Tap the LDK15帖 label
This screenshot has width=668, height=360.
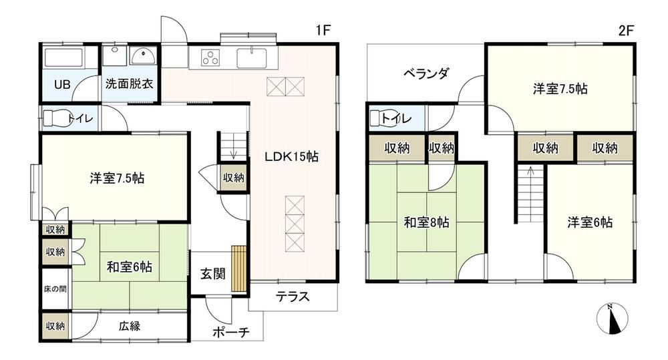(291, 156)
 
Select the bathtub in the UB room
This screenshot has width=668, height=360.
(63, 57)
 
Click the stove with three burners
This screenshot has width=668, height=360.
(210, 57)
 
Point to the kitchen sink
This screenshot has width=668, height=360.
(252, 58)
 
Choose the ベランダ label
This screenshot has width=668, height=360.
(426, 73)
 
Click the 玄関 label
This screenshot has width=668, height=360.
(212, 274)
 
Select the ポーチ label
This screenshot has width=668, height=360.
(230, 333)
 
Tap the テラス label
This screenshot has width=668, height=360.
(293, 297)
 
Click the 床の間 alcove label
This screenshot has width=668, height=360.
(55, 289)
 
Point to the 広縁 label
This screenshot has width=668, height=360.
(130, 327)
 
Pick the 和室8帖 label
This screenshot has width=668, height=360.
(426, 222)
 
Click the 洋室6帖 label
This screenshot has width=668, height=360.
(590, 222)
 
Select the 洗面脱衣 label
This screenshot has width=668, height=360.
(130, 83)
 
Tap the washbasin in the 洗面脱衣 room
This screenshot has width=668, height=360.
(143, 56)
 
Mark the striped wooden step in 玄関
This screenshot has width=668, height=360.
(239, 268)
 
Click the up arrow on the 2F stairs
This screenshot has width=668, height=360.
(531, 171)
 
